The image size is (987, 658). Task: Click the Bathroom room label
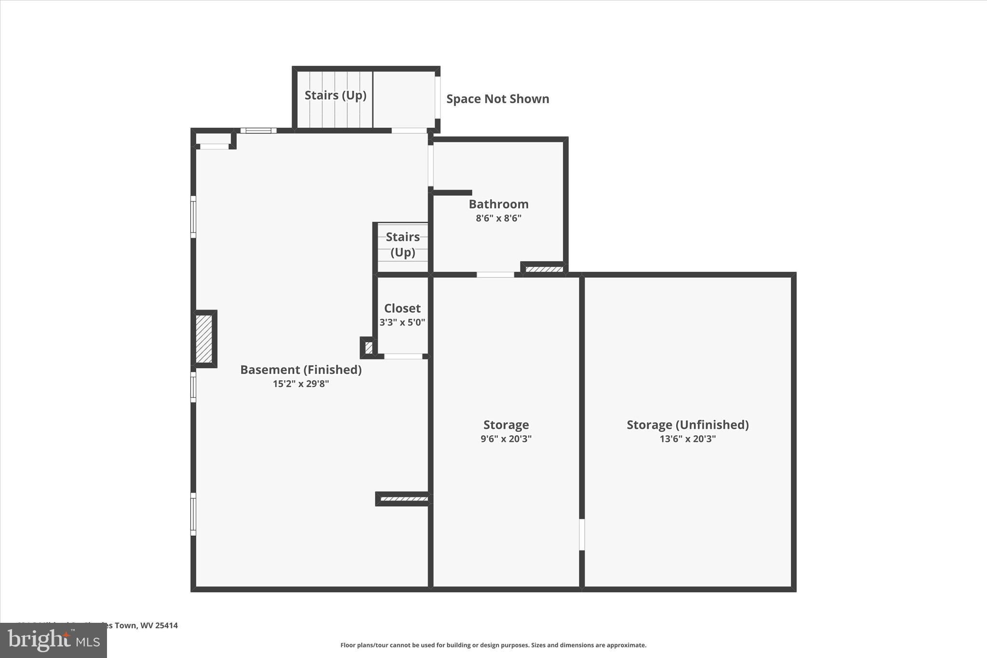498,204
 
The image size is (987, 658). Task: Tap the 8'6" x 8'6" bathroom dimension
498,218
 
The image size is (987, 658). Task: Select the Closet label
402,308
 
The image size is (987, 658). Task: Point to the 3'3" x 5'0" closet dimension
402,322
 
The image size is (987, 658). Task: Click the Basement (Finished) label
301,370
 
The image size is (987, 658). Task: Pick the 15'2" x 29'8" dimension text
301,384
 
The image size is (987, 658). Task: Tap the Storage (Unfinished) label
687,425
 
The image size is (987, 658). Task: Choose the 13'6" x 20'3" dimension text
687,439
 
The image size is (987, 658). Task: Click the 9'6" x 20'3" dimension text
506,439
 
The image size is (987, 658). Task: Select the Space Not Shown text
497,99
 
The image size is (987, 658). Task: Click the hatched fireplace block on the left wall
204,338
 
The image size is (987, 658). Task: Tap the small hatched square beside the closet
369,348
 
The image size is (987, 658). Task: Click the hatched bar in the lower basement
404,499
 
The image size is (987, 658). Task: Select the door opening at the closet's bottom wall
403,357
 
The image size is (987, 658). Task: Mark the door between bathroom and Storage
495,275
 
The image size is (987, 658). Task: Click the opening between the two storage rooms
582,534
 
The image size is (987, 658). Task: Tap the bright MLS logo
53,640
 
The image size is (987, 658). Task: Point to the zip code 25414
166,626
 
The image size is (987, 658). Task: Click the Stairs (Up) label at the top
335,95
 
